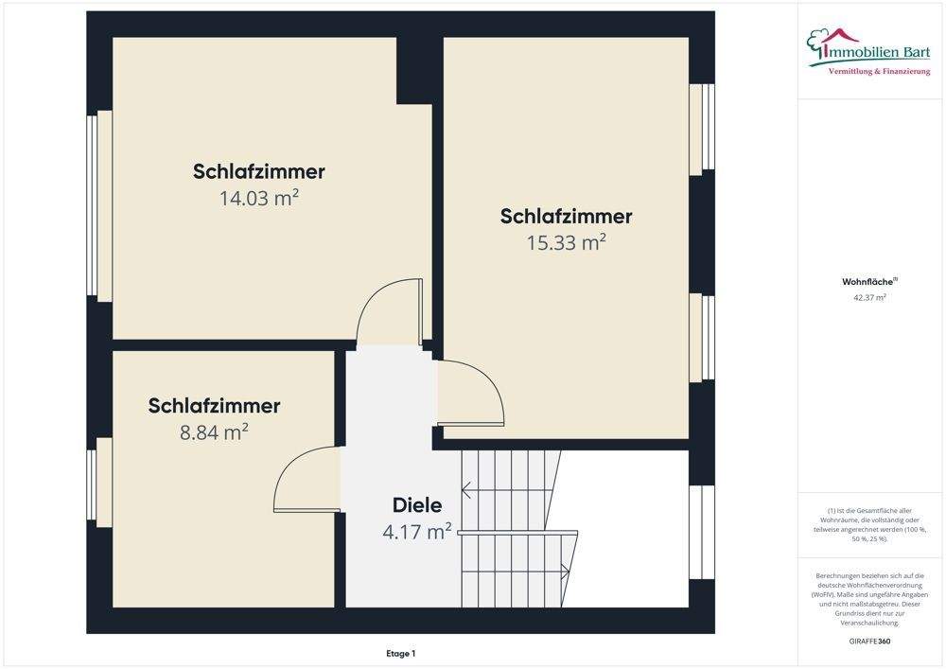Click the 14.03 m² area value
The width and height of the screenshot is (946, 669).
coord(259,198)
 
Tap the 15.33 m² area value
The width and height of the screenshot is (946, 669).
coord(566,242)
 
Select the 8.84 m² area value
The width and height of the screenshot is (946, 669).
coord(214,432)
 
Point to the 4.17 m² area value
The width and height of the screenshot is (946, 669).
coord(416,532)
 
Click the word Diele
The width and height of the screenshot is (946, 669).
coord(417,505)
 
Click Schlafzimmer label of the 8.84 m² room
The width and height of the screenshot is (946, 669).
coord(214,406)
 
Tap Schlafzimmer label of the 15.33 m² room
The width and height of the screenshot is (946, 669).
coord(566,216)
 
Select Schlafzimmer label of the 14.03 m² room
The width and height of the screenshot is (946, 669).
coord(259,171)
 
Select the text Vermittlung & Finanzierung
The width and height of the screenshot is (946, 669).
coord(879,72)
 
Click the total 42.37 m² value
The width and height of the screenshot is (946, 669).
coord(870,297)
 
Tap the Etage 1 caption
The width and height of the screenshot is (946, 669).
coord(401,653)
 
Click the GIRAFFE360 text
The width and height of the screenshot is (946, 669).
coord(870,641)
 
